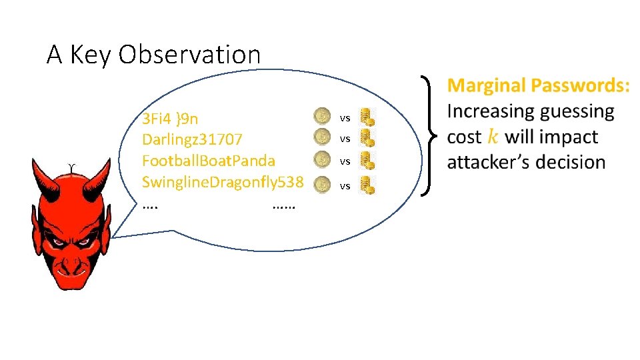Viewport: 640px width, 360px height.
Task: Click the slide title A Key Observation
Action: pyautogui.click(x=153, y=55)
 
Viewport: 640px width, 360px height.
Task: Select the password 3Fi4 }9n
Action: pyautogui.click(x=170, y=119)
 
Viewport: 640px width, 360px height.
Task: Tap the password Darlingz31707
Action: pyautogui.click(x=192, y=140)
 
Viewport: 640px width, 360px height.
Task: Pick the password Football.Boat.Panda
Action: pyautogui.click(x=209, y=161)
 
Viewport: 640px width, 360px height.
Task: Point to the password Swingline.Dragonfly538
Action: pyautogui.click(x=223, y=181)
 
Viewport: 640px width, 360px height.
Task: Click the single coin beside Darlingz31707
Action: pyautogui.click(x=322, y=138)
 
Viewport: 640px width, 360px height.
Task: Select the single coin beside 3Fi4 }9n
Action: pyautogui.click(x=322, y=117)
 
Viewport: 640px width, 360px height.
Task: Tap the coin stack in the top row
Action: pyautogui.click(x=367, y=117)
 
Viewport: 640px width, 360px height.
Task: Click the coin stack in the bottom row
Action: pyautogui.click(x=367, y=185)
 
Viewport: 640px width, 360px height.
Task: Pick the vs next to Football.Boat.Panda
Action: pyautogui.click(x=345, y=161)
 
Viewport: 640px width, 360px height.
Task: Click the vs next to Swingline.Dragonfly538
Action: pyautogui.click(x=345, y=186)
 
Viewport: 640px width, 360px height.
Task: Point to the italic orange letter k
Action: pyautogui.click(x=492, y=137)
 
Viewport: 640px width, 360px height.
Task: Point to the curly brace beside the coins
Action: pyautogui.click(x=429, y=137)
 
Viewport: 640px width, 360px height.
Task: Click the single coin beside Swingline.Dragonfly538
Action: pyautogui.click(x=322, y=183)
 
